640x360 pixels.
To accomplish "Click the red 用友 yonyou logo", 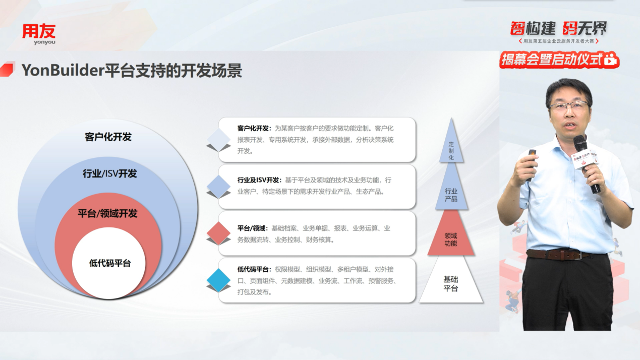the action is tap(39, 34).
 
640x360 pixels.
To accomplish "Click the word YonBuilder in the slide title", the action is tap(63, 70).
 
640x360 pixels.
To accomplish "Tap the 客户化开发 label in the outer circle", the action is tap(108, 137).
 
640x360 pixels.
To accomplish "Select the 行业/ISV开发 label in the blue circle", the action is tap(110, 173).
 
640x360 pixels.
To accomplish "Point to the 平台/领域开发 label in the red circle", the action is tap(107, 213).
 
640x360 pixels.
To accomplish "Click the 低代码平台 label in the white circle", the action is tap(110, 263).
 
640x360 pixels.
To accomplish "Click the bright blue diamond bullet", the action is tap(218, 280).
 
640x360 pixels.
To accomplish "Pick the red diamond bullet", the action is tap(218, 233).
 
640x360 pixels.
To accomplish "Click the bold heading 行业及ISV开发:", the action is tap(259, 180).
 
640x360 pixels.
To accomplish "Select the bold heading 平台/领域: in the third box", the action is tap(253, 228).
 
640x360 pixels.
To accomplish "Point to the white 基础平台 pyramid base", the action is tap(451, 283).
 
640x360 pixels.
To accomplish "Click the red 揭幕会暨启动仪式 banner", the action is tap(559, 60).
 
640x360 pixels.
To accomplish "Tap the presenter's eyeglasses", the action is tap(569, 106).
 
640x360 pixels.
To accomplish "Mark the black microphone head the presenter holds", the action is tap(580, 143).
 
